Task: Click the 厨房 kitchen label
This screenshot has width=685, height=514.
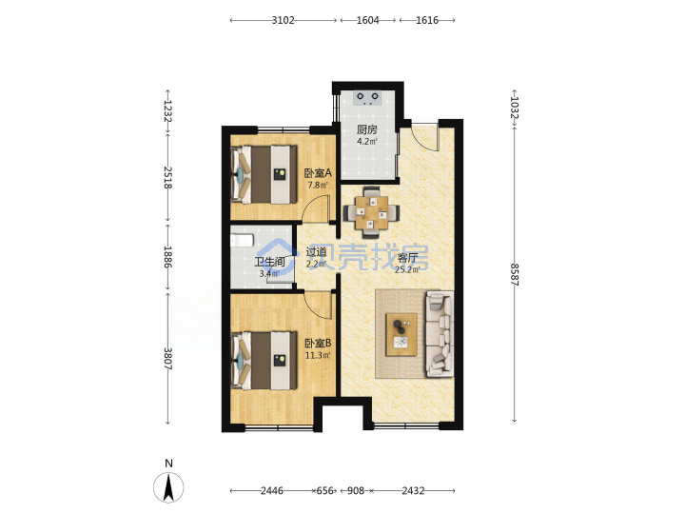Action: click(x=367, y=129)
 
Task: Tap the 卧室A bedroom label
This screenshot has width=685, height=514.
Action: click(x=318, y=173)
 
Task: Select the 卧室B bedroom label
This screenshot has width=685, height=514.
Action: click(x=318, y=344)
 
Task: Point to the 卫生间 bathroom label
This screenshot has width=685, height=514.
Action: click(x=270, y=263)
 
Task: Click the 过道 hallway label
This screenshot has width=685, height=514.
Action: click(x=316, y=252)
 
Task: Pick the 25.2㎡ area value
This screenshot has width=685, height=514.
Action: click(x=407, y=269)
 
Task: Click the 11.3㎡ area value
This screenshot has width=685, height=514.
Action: click(x=318, y=355)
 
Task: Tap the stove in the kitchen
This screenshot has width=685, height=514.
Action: click(x=367, y=98)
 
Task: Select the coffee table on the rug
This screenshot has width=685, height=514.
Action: click(x=401, y=335)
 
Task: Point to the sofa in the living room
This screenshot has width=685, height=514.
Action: click(x=440, y=334)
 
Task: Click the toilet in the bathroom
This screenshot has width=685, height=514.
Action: click(x=242, y=240)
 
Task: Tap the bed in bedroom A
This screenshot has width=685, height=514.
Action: click(x=264, y=174)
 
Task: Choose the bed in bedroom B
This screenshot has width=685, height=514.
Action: click(x=264, y=361)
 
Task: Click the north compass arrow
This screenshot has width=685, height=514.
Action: click(x=169, y=487)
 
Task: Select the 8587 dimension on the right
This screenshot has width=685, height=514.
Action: click(x=515, y=274)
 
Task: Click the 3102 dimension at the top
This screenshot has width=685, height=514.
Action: click(x=284, y=20)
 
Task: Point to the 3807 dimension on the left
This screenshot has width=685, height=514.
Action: click(x=167, y=359)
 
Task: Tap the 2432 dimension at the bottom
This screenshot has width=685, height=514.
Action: click(x=413, y=491)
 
